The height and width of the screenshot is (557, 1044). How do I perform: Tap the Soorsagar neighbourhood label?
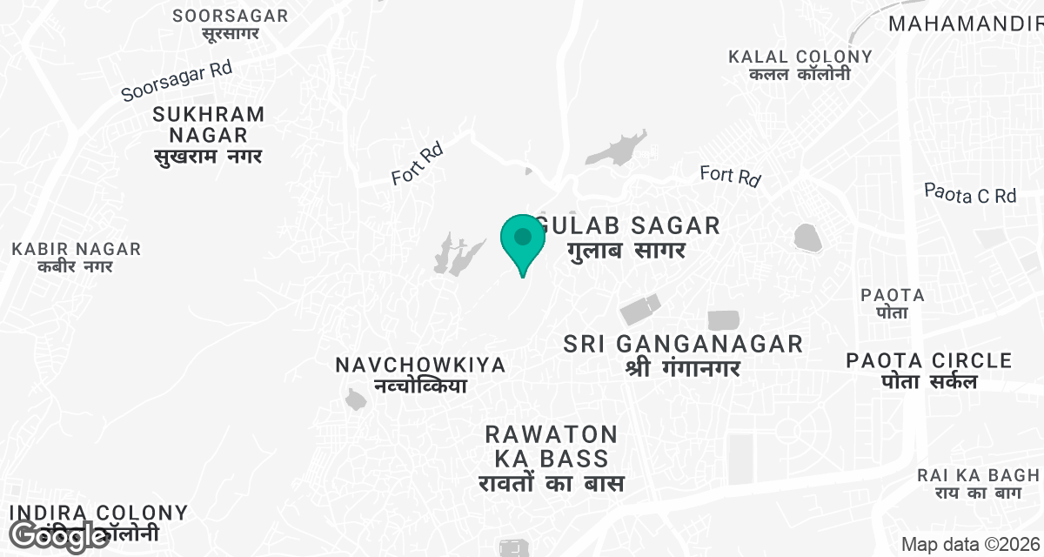[231, 24]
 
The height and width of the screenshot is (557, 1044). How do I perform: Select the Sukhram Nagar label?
[208, 135]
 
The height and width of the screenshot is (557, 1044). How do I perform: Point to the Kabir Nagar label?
[77, 258]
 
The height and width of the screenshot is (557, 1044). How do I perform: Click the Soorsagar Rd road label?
[177, 81]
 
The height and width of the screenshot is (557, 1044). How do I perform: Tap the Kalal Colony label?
[800, 65]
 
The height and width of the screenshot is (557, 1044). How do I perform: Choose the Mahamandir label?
[965, 23]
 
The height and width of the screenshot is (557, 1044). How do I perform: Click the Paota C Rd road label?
[970, 193]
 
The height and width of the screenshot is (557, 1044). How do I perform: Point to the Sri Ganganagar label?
[683, 355]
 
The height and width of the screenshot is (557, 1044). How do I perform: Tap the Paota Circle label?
[929, 370]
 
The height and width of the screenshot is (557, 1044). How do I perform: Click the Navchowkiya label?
[420, 374]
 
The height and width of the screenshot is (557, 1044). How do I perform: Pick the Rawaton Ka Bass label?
[552, 458]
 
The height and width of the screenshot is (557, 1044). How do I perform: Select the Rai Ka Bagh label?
[978, 484]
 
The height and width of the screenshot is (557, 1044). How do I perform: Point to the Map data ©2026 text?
[969, 544]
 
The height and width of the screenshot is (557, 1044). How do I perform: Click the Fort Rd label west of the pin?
[417, 164]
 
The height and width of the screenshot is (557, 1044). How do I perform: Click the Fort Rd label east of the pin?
[731, 176]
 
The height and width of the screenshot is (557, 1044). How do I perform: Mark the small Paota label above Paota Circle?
[893, 303]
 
